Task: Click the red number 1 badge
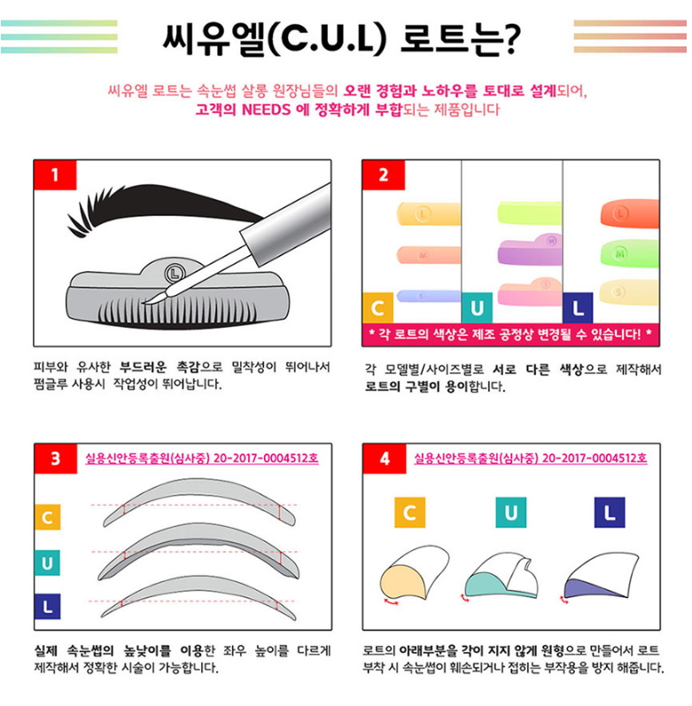tap(55, 175)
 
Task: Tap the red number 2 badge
tap(384, 175)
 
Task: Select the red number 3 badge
tap(56, 458)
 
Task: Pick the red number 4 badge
tap(385, 458)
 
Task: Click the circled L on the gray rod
tap(175, 273)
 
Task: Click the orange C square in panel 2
tap(377, 308)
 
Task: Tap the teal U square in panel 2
tap(477, 308)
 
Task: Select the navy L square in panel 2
tap(578, 308)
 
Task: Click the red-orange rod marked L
tap(629, 213)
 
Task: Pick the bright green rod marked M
tap(629, 253)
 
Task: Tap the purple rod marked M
tap(530, 251)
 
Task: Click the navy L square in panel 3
tap(47, 607)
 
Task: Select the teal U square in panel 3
tap(47, 562)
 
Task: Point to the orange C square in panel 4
tap(409, 512)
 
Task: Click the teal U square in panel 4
tap(511, 512)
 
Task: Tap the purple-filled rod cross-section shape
tap(586, 587)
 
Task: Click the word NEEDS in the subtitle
tap(266, 110)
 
